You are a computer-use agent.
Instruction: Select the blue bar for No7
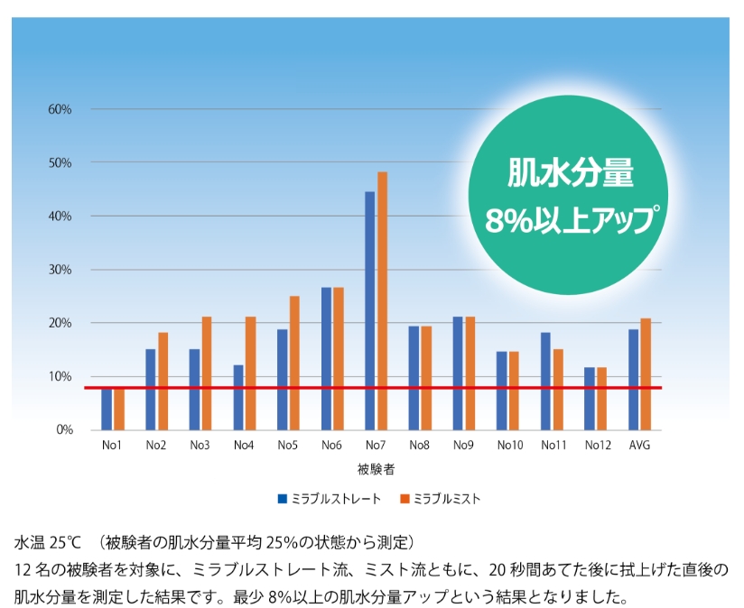370,310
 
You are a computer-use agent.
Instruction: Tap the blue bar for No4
238,397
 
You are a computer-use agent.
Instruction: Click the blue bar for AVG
634,379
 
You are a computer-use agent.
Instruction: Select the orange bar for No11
558,389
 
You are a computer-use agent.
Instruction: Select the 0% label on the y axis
63,429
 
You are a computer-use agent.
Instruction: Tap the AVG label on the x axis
639,446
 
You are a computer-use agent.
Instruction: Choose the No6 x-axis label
331,446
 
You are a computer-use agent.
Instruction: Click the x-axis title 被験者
375,469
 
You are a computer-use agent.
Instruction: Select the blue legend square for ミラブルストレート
283,499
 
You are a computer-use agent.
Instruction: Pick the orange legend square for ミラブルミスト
405,499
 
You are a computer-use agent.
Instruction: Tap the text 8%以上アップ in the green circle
569,219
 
